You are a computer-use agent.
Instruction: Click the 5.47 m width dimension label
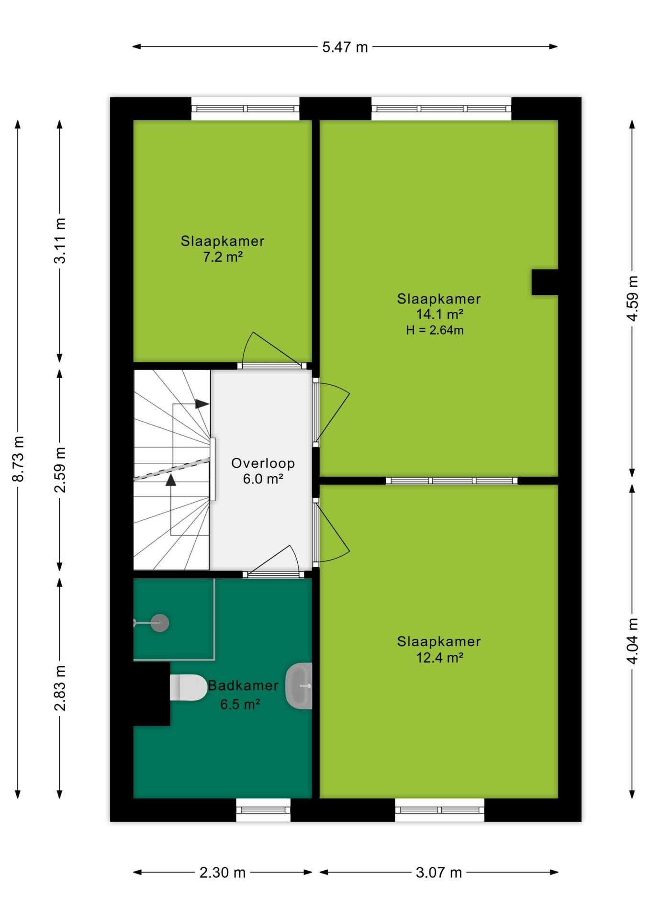point(345,47)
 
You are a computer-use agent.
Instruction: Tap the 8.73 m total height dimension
point(18,459)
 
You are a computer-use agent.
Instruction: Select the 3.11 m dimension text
point(60,240)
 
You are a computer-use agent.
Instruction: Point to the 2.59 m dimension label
point(60,470)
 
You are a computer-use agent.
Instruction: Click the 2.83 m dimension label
point(60,688)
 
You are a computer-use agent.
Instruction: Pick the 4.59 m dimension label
point(632,298)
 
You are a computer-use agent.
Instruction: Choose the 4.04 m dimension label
point(632,641)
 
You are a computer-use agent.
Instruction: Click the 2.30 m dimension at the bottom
point(223,873)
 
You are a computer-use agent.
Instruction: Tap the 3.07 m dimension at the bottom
point(439,873)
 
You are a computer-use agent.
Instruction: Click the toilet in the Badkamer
point(188,687)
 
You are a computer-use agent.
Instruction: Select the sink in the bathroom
point(299,686)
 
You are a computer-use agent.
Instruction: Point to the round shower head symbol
point(159,623)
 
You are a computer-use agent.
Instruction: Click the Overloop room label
point(263,463)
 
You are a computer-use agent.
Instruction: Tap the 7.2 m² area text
point(223,257)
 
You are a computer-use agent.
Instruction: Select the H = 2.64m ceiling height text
point(435,330)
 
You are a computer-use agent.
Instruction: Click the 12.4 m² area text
point(439,658)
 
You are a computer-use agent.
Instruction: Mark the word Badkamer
point(243,685)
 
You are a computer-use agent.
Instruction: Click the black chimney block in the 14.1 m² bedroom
point(545,282)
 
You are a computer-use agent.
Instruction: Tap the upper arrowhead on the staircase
point(202,404)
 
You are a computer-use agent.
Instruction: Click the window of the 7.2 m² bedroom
point(246,109)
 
